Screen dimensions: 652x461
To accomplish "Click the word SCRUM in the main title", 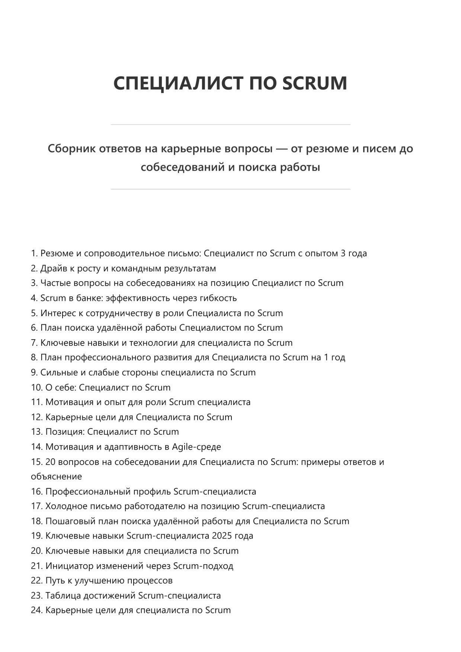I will [x=314, y=83].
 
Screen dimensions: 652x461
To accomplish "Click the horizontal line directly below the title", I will [x=230, y=125].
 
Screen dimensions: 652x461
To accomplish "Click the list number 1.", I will [x=34, y=253].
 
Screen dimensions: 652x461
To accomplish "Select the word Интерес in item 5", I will [x=57, y=313].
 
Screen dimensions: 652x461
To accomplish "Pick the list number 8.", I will [x=34, y=357].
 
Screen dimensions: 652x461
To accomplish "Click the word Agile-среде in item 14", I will [x=196, y=447].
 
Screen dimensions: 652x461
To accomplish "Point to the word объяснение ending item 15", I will [x=56, y=476].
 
